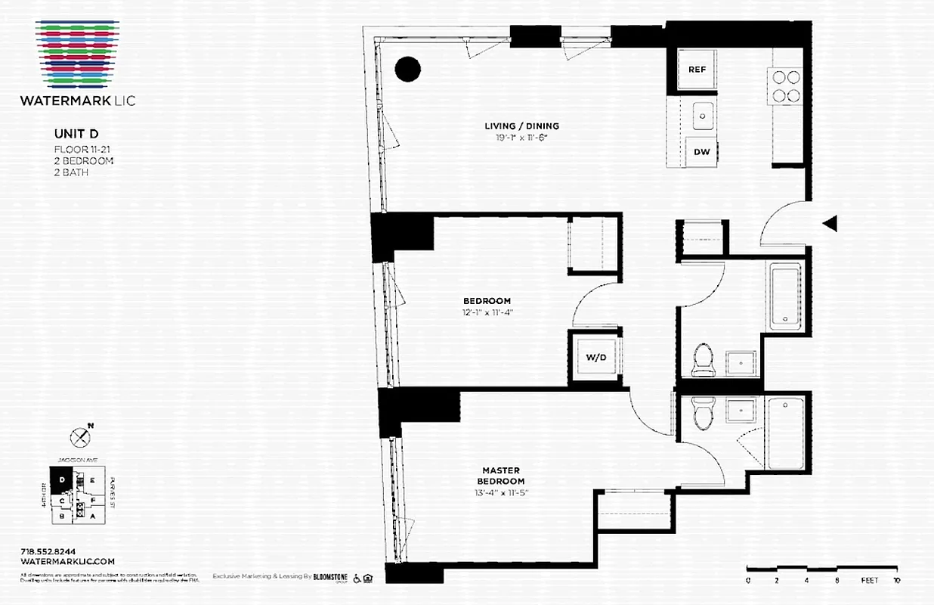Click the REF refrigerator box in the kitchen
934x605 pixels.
pos(697,70)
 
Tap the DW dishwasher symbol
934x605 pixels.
pos(702,152)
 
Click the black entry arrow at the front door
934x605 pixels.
pos(830,223)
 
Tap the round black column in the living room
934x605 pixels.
pos(407,69)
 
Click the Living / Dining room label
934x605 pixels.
pos(521,126)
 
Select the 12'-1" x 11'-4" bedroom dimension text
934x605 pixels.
pos(487,312)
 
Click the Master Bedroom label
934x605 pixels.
pos(500,476)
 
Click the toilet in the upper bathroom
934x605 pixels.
pos(704,359)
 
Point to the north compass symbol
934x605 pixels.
pos(80,436)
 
